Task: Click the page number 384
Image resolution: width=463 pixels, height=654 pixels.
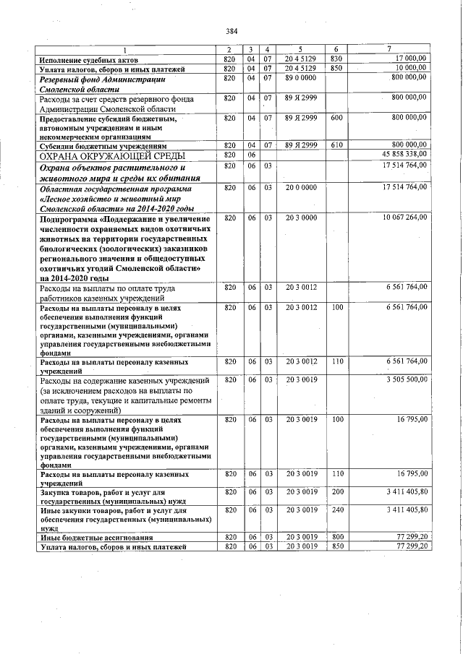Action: [231, 31]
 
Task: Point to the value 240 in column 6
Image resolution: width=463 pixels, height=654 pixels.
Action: [337, 510]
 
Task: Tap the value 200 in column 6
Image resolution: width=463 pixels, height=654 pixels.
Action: [337, 492]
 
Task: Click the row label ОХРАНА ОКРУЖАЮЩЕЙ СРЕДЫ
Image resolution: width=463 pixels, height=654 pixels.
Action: [112, 156]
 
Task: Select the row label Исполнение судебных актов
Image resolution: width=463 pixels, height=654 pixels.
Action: [85, 59]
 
